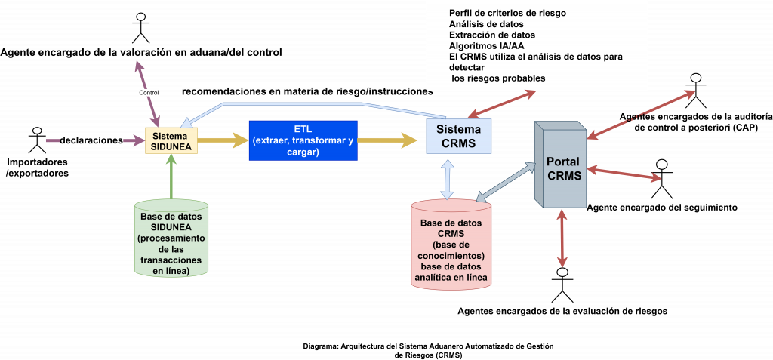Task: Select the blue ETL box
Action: (303, 140)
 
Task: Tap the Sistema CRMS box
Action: (458, 136)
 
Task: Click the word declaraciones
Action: (91, 140)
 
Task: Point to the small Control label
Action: (149, 93)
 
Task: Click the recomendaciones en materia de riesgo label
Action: (307, 91)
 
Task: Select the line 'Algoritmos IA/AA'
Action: (486, 45)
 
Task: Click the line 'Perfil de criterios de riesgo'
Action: (507, 13)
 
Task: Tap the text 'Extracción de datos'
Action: (492, 35)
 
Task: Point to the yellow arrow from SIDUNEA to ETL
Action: (223, 140)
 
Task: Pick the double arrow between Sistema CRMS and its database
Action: (448, 177)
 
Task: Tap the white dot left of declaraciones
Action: (37, 131)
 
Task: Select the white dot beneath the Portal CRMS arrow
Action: (562, 272)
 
